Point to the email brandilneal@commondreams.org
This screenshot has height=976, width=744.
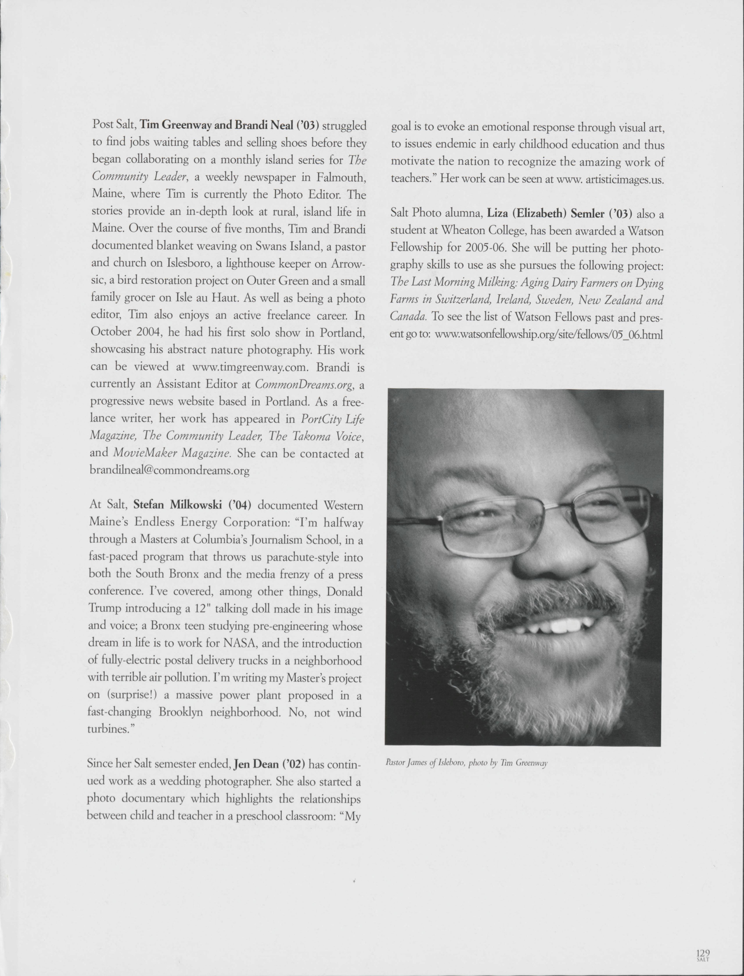coord(170,470)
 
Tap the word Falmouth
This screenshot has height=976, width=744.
coord(341,177)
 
